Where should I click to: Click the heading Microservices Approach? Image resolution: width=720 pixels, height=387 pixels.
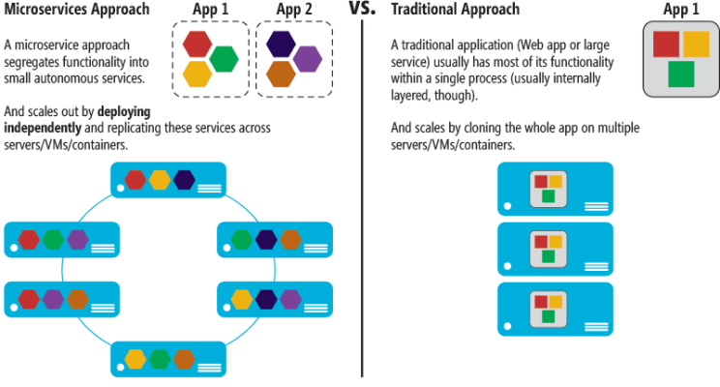pyautogui.click(x=76, y=10)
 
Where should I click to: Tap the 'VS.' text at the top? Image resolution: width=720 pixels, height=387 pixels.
pyautogui.click(x=362, y=8)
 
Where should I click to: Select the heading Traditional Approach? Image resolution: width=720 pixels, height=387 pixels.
pyautogui.click(x=455, y=10)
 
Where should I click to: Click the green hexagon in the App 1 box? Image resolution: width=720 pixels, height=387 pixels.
pyautogui.click(x=225, y=59)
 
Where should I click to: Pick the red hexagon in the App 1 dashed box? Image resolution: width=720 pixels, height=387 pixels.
pyautogui.click(x=197, y=45)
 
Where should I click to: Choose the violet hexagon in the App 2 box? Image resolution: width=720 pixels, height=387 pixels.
pyautogui.click(x=307, y=59)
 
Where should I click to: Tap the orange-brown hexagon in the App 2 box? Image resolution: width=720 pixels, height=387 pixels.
pyautogui.click(x=281, y=74)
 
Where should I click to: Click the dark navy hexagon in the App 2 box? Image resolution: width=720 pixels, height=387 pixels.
pyautogui.click(x=281, y=45)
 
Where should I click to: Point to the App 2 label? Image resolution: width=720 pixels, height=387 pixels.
pyautogui.click(x=294, y=10)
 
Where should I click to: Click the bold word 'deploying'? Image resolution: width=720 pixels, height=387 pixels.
pyautogui.click(x=124, y=112)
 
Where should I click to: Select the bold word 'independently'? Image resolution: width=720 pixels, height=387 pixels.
pyautogui.click(x=43, y=128)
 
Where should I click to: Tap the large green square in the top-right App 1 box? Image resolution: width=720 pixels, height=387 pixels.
pyautogui.click(x=681, y=74)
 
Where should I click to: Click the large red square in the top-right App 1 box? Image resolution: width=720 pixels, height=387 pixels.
pyautogui.click(x=666, y=45)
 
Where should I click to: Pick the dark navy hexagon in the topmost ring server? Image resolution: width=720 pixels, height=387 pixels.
pyautogui.click(x=185, y=180)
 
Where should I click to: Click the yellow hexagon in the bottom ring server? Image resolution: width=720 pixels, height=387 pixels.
pyautogui.click(x=135, y=359)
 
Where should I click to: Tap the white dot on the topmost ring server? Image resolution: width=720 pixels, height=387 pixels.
pyautogui.click(x=120, y=189)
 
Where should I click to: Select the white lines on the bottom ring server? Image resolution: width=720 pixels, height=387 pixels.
pyautogui.click(x=209, y=368)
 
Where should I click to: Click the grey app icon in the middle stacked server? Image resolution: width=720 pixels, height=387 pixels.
pyautogui.click(x=549, y=250)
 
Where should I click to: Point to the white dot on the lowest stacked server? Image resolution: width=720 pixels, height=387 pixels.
pyautogui.click(x=507, y=326)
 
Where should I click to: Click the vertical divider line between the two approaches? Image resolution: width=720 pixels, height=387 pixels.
pyautogui.click(x=362, y=198)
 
